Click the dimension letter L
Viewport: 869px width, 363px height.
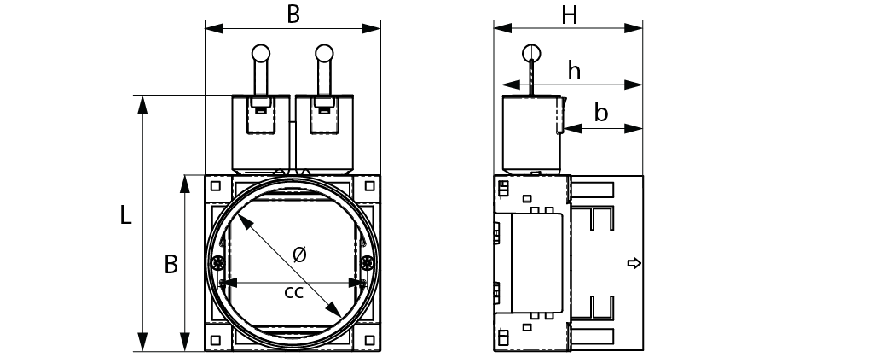pyautogui.click(x=126, y=214)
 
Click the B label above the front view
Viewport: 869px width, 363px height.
pyautogui.click(x=293, y=15)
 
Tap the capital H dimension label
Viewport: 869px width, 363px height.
pyautogui.click(x=569, y=16)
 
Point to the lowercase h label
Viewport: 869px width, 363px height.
pyautogui.click(x=574, y=71)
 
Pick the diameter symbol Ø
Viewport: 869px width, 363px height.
pyautogui.click(x=298, y=255)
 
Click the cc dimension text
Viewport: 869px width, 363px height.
pyautogui.click(x=293, y=292)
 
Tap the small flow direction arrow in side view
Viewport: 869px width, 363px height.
pyautogui.click(x=634, y=263)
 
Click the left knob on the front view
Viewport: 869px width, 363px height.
pyautogui.click(x=260, y=53)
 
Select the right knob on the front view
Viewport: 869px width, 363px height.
pyautogui.click(x=324, y=53)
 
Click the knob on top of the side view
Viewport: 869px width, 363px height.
pyautogui.click(x=531, y=53)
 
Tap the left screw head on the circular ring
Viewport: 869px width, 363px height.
pyautogui.click(x=217, y=261)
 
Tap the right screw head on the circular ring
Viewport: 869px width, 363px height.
pyautogui.click(x=367, y=261)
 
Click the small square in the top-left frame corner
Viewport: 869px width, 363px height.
pyautogui.click(x=216, y=186)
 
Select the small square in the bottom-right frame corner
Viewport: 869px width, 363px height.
pyautogui.click(x=369, y=340)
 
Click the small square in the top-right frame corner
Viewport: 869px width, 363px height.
pyautogui.click(x=369, y=186)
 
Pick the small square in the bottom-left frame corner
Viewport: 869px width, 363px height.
pyautogui.click(x=216, y=340)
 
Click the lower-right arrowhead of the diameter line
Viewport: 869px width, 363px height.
pyautogui.click(x=334, y=310)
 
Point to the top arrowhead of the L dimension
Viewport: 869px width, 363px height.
pyautogui.click(x=142, y=104)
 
